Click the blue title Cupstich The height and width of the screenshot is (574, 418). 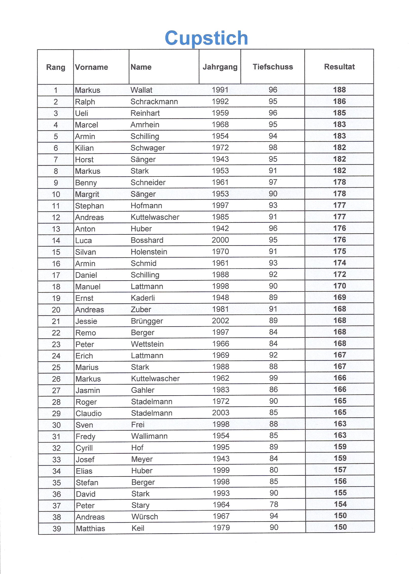pos(206,38)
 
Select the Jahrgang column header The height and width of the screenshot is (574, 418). pos(220,67)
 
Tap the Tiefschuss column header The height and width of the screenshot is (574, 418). pos(273,67)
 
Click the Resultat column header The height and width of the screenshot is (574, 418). pos(339,67)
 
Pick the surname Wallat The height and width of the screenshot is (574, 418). pos(141,90)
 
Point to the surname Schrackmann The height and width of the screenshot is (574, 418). pos(154,102)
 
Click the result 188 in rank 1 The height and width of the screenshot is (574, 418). pos(339,90)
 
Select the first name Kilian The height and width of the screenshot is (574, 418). pos(84,148)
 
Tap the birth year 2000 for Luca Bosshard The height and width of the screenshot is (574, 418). pos(220,240)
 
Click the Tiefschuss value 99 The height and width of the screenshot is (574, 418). pos(273,378)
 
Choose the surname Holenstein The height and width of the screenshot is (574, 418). pos(149,252)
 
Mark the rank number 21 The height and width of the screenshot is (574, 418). pos(56,321)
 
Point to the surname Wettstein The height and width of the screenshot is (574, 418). pos(147,344)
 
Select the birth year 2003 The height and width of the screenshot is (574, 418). pos(221,413)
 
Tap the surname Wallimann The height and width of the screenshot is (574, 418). pos(149,436)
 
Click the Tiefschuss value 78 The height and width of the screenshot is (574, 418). pos(274,504)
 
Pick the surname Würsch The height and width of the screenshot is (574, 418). pos(145,517)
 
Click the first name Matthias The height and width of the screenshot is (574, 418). pos(90,528)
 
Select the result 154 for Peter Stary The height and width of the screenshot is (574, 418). pos(340,504)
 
